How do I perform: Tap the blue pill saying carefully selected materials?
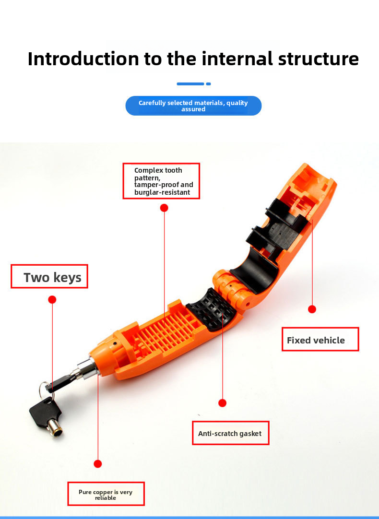point(193,106)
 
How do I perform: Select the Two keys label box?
point(49,276)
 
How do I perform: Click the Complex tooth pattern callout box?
point(161,181)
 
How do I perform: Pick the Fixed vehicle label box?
point(320,340)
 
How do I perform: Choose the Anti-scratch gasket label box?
point(230,433)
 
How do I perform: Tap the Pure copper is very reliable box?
point(106,495)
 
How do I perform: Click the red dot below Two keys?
point(52,299)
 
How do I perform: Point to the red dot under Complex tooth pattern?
point(164,208)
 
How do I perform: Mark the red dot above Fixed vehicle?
point(312,309)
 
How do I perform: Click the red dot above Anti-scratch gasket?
point(222,403)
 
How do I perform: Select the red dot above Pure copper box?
point(98,464)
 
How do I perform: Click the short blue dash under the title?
point(208,84)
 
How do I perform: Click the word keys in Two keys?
point(68,277)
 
